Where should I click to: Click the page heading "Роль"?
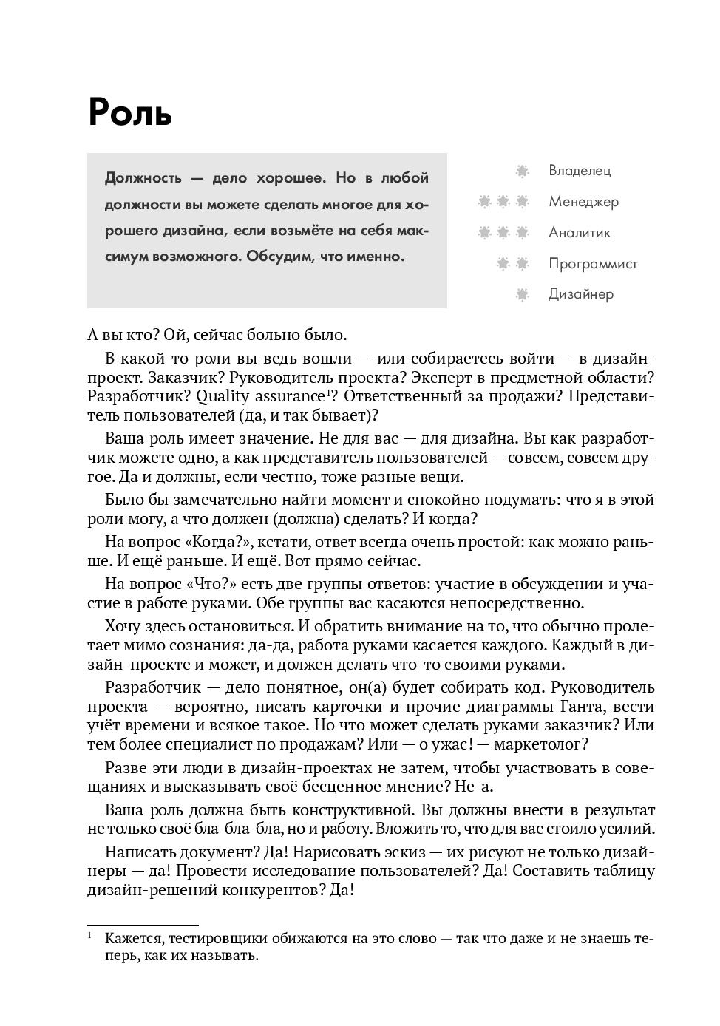click(129, 112)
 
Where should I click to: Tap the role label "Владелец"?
click(580, 171)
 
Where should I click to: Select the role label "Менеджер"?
click(583, 202)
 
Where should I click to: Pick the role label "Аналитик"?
click(580, 233)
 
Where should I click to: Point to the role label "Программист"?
click(593, 264)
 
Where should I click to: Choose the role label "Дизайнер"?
click(581, 294)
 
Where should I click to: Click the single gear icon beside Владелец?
click(523, 171)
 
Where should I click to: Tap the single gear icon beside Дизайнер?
click(523, 295)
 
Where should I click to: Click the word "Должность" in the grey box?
click(140, 178)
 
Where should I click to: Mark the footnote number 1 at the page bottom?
click(90, 937)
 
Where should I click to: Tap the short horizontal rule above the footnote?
click(143, 925)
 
